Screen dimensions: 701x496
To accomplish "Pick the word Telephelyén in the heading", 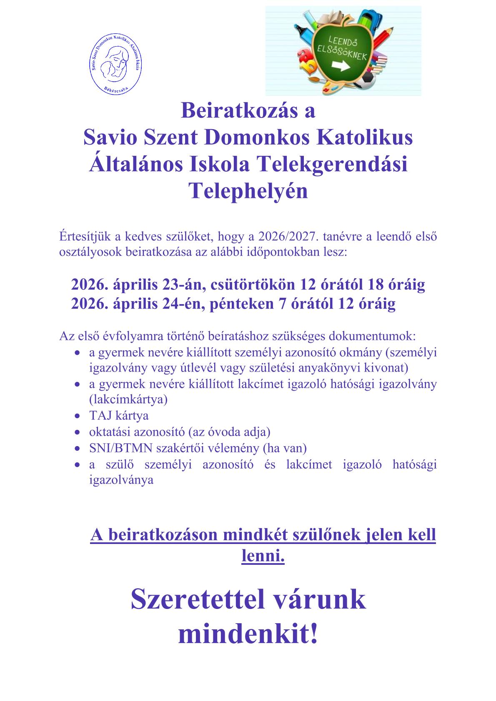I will coord(248,192).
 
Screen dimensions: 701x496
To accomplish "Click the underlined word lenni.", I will coord(263,556).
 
